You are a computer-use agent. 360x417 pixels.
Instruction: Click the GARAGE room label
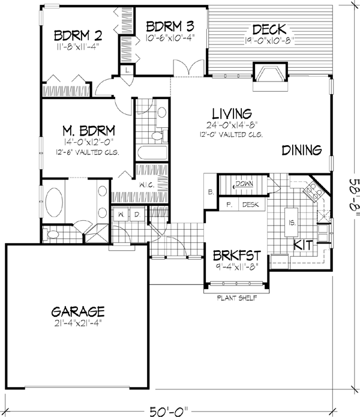(x=78, y=312)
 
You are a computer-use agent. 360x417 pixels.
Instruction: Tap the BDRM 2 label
(x=77, y=33)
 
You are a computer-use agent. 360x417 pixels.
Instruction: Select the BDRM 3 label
(x=170, y=26)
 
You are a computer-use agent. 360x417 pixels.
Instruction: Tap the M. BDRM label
(x=89, y=131)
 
